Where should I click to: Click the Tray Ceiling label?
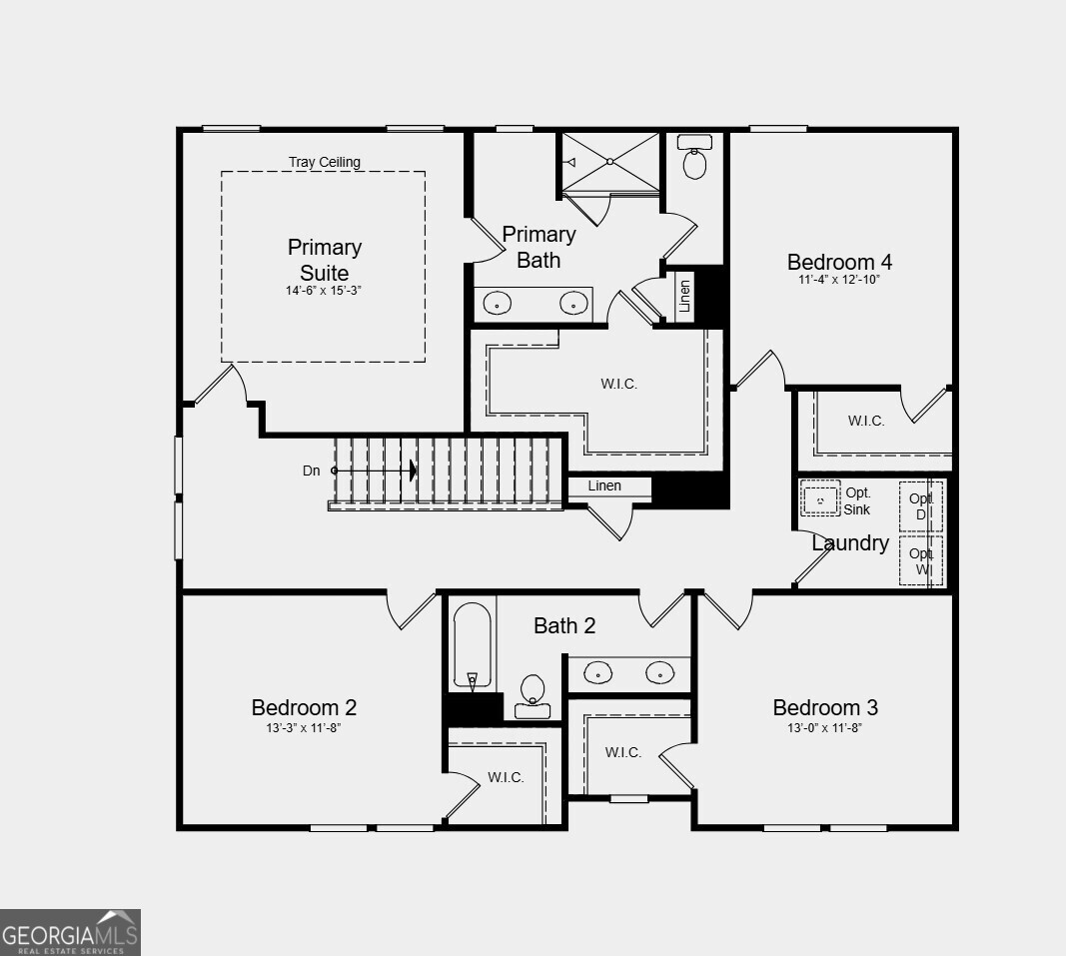(324, 162)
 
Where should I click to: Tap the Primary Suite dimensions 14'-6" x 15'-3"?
(324, 291)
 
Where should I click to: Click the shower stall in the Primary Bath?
(609, 161)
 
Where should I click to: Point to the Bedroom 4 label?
(839, 262)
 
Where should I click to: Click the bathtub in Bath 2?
(472, 644)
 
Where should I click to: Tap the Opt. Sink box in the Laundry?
(821, 499)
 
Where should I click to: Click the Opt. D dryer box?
(920, 506)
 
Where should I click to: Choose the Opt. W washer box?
(920, 561)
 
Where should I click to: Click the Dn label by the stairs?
(312, 470)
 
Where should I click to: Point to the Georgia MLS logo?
(70, 932)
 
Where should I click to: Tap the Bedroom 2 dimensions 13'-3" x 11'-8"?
(304, 728)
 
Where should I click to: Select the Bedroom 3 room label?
(825, 707)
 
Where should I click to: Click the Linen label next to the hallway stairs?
(604, 486)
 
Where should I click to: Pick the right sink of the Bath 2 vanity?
(658, 672)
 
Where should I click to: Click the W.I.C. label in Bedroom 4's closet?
(866, 422)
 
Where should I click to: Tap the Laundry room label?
(850, 543)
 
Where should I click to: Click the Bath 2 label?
(564, 625)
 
